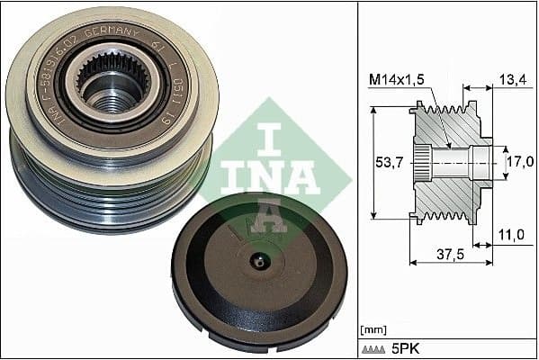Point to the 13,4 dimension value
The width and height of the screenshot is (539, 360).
(x=511, y=80)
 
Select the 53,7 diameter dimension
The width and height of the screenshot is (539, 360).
(x=389, y=163)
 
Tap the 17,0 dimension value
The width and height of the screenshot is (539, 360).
(x=518, y=163)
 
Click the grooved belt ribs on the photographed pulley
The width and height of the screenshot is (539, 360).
(x=108, y=193)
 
